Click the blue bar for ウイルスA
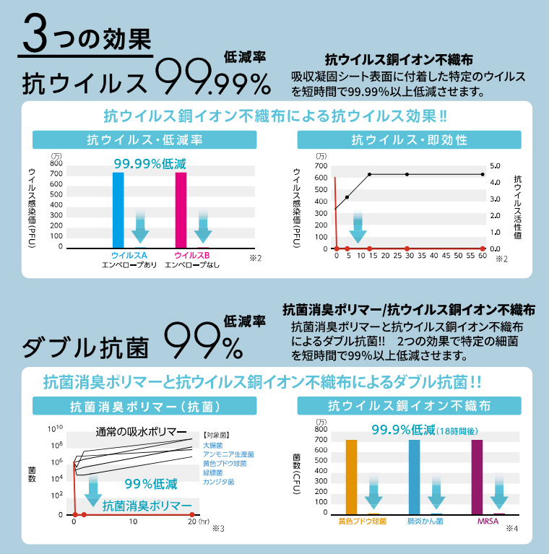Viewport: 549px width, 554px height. click(x=118, y=209)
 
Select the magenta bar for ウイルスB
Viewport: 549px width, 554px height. click(x=181, y=209)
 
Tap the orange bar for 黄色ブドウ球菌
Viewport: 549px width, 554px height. click(x=351, y=477)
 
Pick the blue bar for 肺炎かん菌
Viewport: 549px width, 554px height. click(x=414, y=477)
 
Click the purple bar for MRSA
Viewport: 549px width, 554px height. click(x=477, y=477)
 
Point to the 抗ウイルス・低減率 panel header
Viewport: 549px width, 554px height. click(x=144, y=139)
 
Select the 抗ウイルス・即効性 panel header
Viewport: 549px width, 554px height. click(x=409, y=139)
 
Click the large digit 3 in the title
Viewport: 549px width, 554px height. click(x=38, y=35)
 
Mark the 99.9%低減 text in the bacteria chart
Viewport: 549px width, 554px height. click(x=402, y=430)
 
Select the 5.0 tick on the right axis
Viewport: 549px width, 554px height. click(x=495, y=165)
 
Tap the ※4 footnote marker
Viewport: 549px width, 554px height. click(x=511, y=529)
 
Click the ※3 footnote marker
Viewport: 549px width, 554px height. click(x=218, y=529)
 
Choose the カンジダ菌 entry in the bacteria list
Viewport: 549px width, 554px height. click(x=217, y=481)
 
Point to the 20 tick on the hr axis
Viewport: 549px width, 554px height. click(x=191, y=521)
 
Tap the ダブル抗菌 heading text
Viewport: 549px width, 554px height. click(x=85, y=347)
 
